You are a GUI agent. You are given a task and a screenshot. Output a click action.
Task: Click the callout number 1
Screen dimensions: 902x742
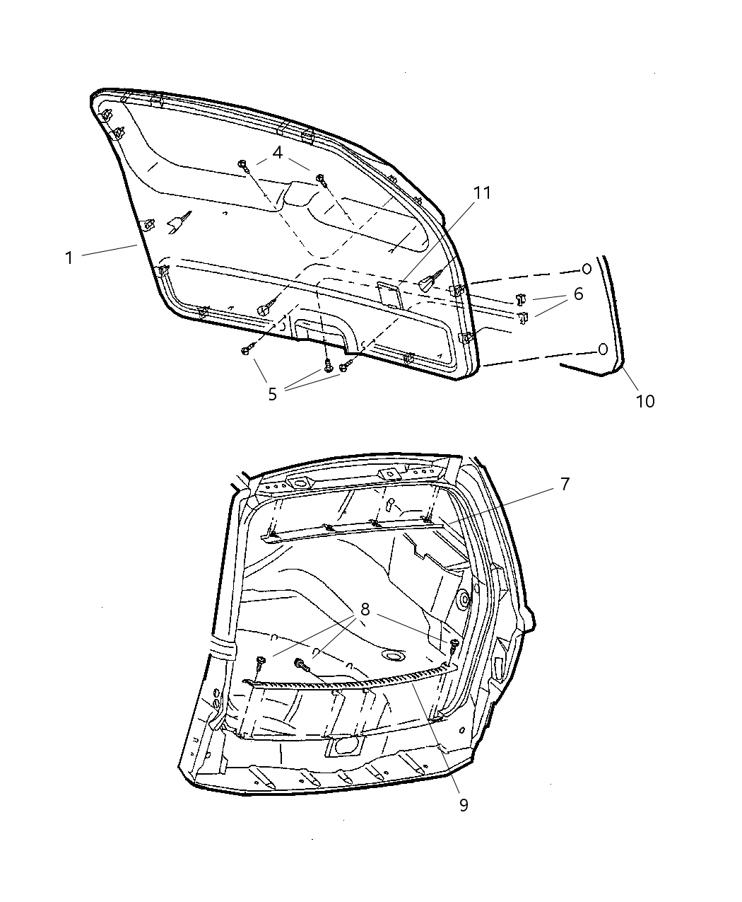69,258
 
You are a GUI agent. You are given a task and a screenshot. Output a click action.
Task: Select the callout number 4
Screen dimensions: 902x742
278,152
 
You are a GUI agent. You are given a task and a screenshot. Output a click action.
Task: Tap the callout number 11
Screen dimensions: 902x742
482,193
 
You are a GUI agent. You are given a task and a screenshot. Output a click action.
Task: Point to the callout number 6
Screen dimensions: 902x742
578,294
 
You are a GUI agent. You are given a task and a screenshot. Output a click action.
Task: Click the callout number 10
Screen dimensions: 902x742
644,401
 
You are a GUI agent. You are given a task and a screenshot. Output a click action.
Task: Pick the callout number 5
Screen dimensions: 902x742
273,394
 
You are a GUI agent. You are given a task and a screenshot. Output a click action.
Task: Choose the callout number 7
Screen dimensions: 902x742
565,485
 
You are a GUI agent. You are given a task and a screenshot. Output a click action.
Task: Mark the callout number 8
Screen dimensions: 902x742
365,609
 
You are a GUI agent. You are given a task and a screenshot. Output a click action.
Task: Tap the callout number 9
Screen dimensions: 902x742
464,805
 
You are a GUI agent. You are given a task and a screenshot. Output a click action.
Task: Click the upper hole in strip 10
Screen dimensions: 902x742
586,269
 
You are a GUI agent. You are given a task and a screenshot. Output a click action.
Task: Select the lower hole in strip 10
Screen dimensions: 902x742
603,349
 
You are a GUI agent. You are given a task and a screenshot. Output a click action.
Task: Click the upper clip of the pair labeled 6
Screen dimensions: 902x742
520,298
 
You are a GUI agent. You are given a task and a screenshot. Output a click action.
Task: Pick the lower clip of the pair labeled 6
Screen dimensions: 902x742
524,318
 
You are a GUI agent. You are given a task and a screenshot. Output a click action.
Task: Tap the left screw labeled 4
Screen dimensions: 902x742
243,165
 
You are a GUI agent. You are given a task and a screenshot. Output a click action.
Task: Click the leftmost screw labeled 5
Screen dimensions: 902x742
246,350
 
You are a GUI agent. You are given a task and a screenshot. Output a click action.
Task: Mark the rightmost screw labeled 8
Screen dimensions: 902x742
454,644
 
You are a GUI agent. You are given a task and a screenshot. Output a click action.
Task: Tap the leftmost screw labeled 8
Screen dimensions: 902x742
261,661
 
